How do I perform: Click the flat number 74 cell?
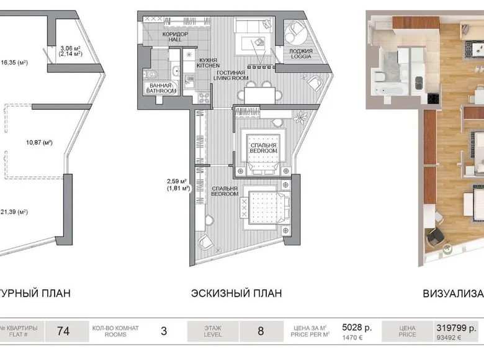pyautogui.click(x=63, y=331)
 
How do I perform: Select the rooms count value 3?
pyautogui.click(x=164, y=331)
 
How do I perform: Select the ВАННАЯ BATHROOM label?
pyautogui.click(x=161, y=88)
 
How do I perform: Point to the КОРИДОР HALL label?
pyautogui.click(x=175, y=37)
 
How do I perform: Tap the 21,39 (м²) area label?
pyautogui.click(x=14, y=212)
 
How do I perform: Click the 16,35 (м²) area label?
pyautogui.click(x=15, y=63)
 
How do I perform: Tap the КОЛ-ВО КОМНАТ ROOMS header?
pyautogui.click(x=115, y=331)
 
